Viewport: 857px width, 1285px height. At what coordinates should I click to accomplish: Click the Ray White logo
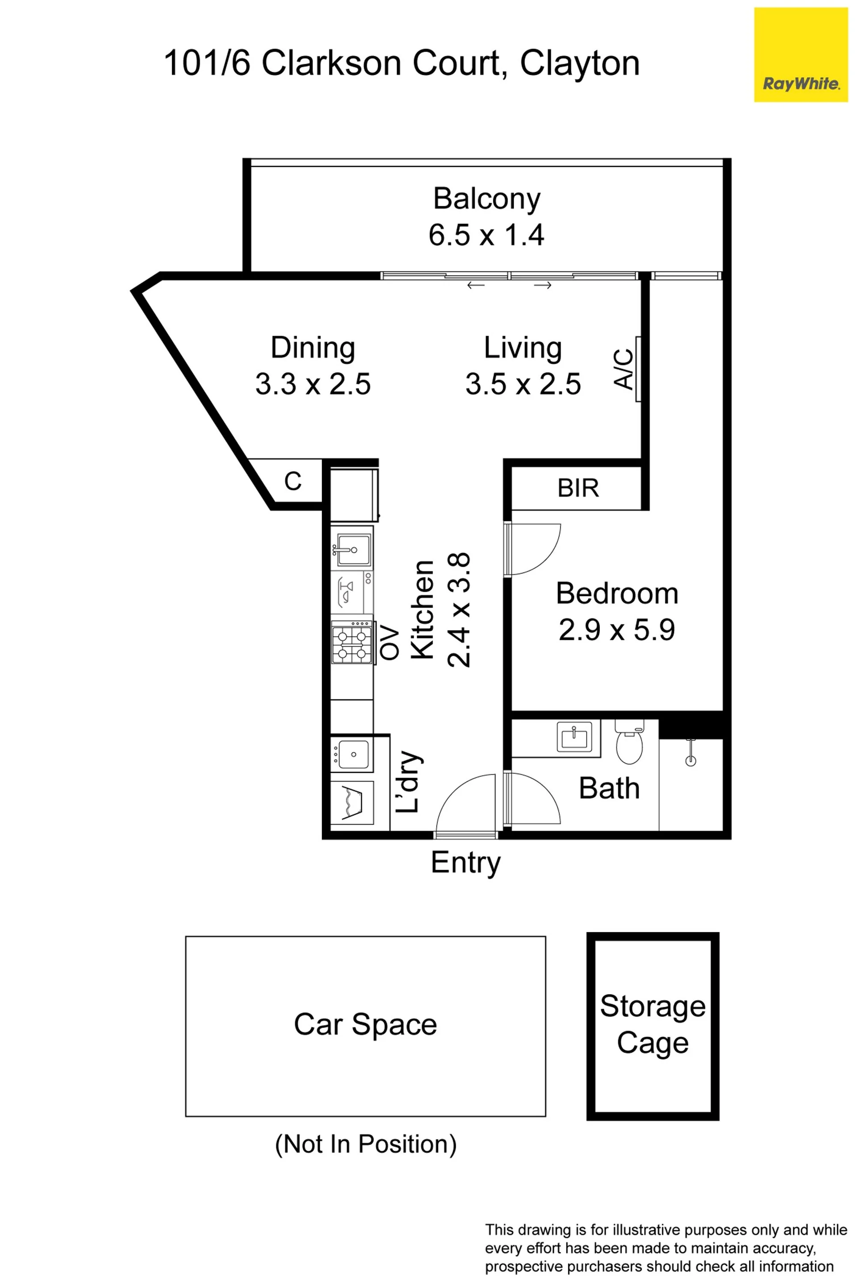click(x=801, y=54)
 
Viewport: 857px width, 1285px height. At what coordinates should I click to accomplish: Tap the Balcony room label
click(x=487, y=199)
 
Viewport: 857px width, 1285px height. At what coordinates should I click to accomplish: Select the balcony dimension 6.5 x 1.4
click(x=487, y=235)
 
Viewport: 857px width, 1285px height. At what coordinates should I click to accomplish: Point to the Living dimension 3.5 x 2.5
click(x=523, y=384)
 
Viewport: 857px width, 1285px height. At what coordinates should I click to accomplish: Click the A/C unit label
click(x=624, y=369)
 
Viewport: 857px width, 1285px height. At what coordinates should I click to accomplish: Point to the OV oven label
click(x=390, y=642)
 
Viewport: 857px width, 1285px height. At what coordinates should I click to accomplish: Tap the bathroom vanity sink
click(x=574, y=737)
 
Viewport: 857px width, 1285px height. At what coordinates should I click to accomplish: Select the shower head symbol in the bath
click(x=691, y=752)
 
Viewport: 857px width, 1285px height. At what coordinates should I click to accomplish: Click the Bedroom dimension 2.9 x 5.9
click(x=617, y=630)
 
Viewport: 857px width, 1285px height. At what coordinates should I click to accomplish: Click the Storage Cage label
click(x=653, y=1024)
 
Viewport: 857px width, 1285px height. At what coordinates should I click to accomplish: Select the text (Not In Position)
click(x=366, y=1144)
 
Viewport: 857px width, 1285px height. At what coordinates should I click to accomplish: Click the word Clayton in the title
click(x=580, y=64)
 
